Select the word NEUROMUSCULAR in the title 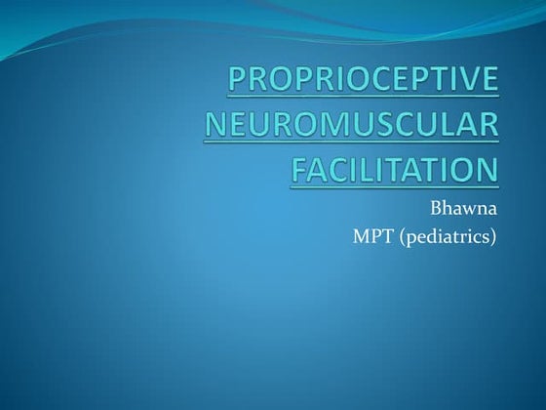click(364, 126)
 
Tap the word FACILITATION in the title click(394, 170)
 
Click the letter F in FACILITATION click(301, 170)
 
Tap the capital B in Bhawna click(436, 208)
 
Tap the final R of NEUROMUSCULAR click(487, 126)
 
